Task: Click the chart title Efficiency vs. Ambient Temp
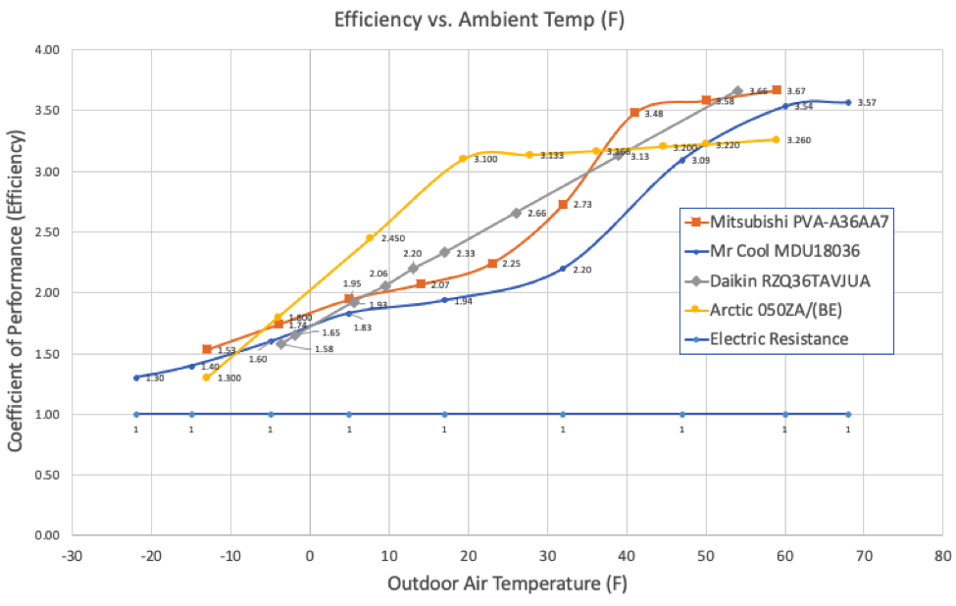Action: tap(478, 20)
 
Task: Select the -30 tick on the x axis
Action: tap(72, 555)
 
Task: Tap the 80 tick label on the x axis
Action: tap(942, 555)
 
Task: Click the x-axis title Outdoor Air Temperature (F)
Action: tap(507, 584)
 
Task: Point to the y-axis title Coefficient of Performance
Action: tap(16, 292)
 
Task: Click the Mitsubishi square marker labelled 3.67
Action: tap(777, 90)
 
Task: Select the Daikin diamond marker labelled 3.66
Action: tap(737, 91)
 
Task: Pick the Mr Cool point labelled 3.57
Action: tap(848, 102)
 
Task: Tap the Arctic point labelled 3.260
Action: tap(776, 139)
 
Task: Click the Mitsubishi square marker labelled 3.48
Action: tap(634, 113)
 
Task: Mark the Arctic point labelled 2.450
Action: tap(370, 238)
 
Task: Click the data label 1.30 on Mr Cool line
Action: tap(154, 379)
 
